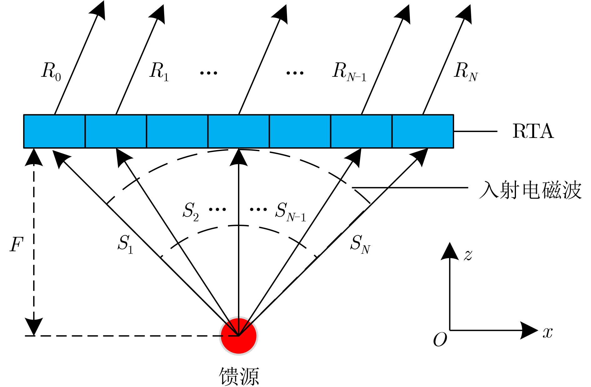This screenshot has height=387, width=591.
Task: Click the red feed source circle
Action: click(239, 336)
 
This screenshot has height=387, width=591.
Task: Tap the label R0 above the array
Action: click(51, 71)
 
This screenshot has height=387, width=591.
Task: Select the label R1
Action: click(159, 71)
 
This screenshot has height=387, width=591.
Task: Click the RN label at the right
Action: click(466, 71)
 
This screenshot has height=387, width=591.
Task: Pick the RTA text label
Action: click(533, 131)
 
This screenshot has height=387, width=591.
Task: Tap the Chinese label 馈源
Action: click(239, 376)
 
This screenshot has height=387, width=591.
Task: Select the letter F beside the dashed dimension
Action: click(17, 244)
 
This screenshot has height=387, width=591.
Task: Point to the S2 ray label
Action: click(190, 211)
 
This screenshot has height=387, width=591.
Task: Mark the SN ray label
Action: click(360, 244)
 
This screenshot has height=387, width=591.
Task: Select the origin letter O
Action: click(440, 340)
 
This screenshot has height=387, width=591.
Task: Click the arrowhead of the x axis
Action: click(529, 330)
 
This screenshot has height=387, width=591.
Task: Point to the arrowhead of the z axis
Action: click(450, 252)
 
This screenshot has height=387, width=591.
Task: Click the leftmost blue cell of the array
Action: click(54, 131)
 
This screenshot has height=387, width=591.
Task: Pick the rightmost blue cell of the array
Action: click(423, 131)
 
